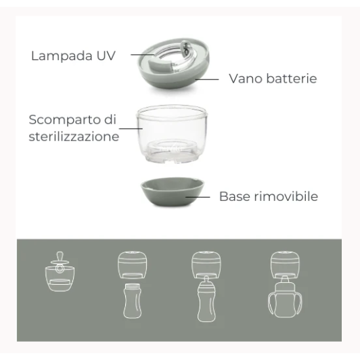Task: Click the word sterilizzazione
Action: (x=74, y=137)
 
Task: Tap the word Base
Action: (x=234, y=197)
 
